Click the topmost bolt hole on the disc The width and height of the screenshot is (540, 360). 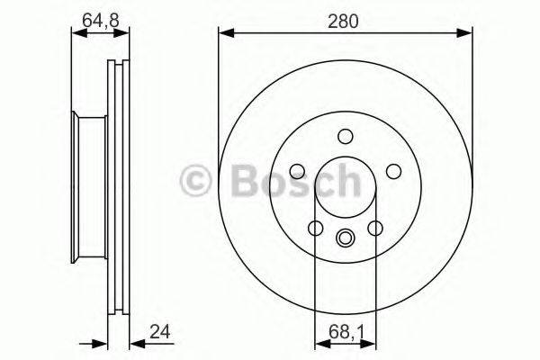coord(345,135)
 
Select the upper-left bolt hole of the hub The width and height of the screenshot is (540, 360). coord(296,170)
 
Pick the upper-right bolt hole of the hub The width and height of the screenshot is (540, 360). coord(393,170)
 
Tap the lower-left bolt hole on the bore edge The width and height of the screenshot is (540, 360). coord(314,228)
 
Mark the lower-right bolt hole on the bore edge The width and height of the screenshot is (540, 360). coord(375,228)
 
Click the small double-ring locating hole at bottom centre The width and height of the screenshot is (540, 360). coord(345,238)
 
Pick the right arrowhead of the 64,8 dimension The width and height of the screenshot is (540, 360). coord(124,34)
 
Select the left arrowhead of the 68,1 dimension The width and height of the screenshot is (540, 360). coord(319,342)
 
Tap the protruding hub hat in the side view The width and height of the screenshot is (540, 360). coord(88,184)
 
